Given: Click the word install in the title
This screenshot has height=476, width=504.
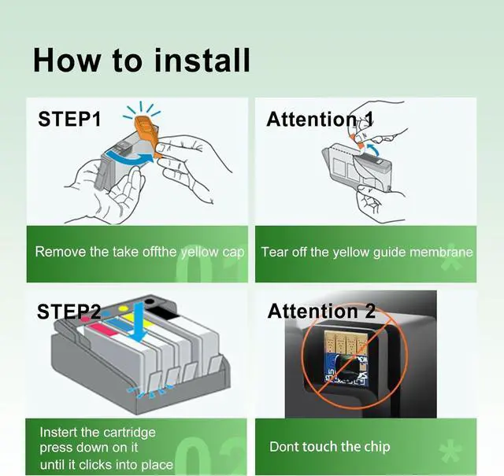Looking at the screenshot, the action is point(202,61).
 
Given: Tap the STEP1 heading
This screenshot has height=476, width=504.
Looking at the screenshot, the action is point(69,119).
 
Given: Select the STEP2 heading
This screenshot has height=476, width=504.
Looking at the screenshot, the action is point(69,312).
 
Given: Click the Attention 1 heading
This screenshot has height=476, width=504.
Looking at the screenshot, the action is point(320,119).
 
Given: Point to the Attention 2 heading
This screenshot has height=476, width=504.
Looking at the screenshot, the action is point(321,312).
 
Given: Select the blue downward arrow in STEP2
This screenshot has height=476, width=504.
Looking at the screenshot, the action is point(139,322).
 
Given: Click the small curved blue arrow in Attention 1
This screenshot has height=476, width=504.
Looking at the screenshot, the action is point(372,149).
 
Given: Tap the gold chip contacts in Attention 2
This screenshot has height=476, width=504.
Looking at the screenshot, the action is point(345,343).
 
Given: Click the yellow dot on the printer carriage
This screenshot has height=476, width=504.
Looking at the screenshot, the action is point(123,308).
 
